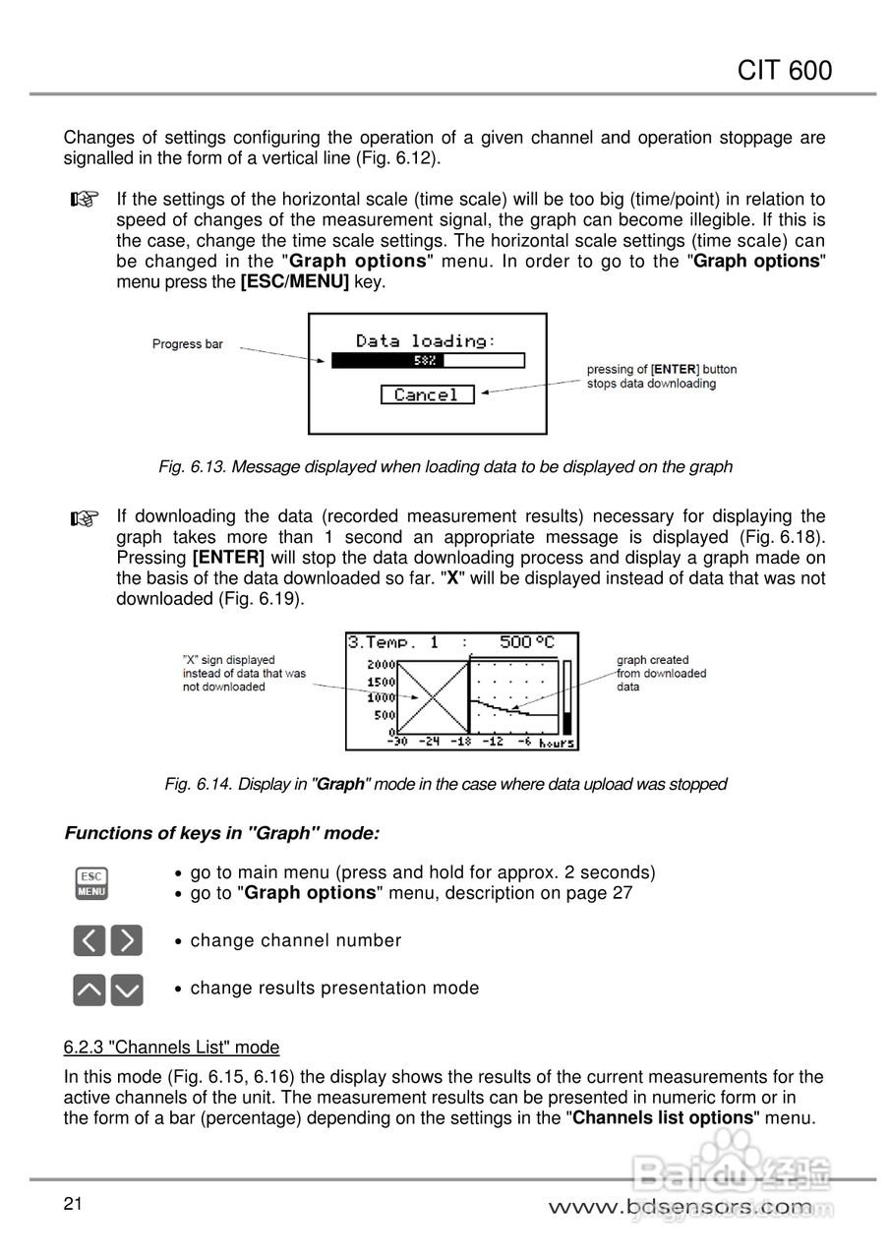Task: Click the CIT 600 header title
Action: click(784, 70)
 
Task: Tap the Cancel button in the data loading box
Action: click(427, 394)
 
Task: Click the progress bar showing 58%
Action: click(428, 361)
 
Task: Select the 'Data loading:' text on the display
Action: click(426, 340)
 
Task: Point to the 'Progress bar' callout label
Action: click(188, 344)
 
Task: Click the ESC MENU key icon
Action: click(91, 882)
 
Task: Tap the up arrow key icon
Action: click(89, 989)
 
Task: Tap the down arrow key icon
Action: click(127, 989)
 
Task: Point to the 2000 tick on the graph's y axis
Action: click(382, 665)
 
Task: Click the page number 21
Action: click(73, 1205)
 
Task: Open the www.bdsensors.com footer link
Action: click(681, 1207)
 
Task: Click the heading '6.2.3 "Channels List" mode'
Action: click(171, 1047)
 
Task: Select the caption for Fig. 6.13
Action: click(444, 466)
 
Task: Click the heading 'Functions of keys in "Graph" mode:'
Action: click(221, 833)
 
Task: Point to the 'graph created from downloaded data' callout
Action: click(661, 674)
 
